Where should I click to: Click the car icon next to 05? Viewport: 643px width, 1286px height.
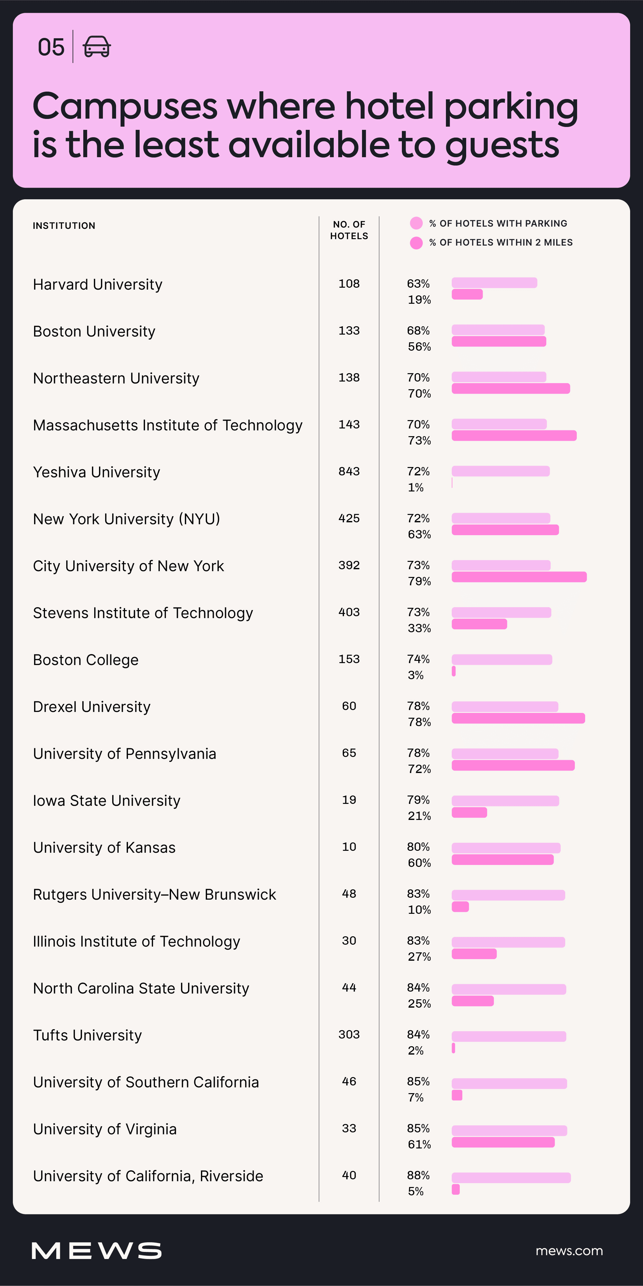point(96,47)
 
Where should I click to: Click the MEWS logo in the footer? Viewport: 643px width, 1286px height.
point(96,1251)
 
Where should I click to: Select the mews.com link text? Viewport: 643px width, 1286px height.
point(569,1251)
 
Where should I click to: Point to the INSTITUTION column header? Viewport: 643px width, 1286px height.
point(64,226)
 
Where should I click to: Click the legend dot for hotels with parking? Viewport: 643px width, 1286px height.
point(416,223)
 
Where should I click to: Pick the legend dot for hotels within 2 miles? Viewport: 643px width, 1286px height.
point(416,243)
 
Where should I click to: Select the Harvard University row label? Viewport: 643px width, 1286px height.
point(98,284)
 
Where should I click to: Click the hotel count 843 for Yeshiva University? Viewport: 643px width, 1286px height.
point(349,471)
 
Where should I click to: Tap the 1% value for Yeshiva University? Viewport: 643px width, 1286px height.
point(415,488)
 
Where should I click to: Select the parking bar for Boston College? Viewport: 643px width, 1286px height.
point(502,660)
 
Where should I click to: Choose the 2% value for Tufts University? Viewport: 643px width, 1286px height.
point(415,1051)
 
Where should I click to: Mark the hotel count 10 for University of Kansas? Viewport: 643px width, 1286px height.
point(349,847)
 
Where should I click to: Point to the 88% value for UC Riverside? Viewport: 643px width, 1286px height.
point(418,1175)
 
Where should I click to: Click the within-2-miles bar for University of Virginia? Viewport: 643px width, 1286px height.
point(503,1142)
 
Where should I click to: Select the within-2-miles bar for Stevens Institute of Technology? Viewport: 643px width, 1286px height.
point(479,624)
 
